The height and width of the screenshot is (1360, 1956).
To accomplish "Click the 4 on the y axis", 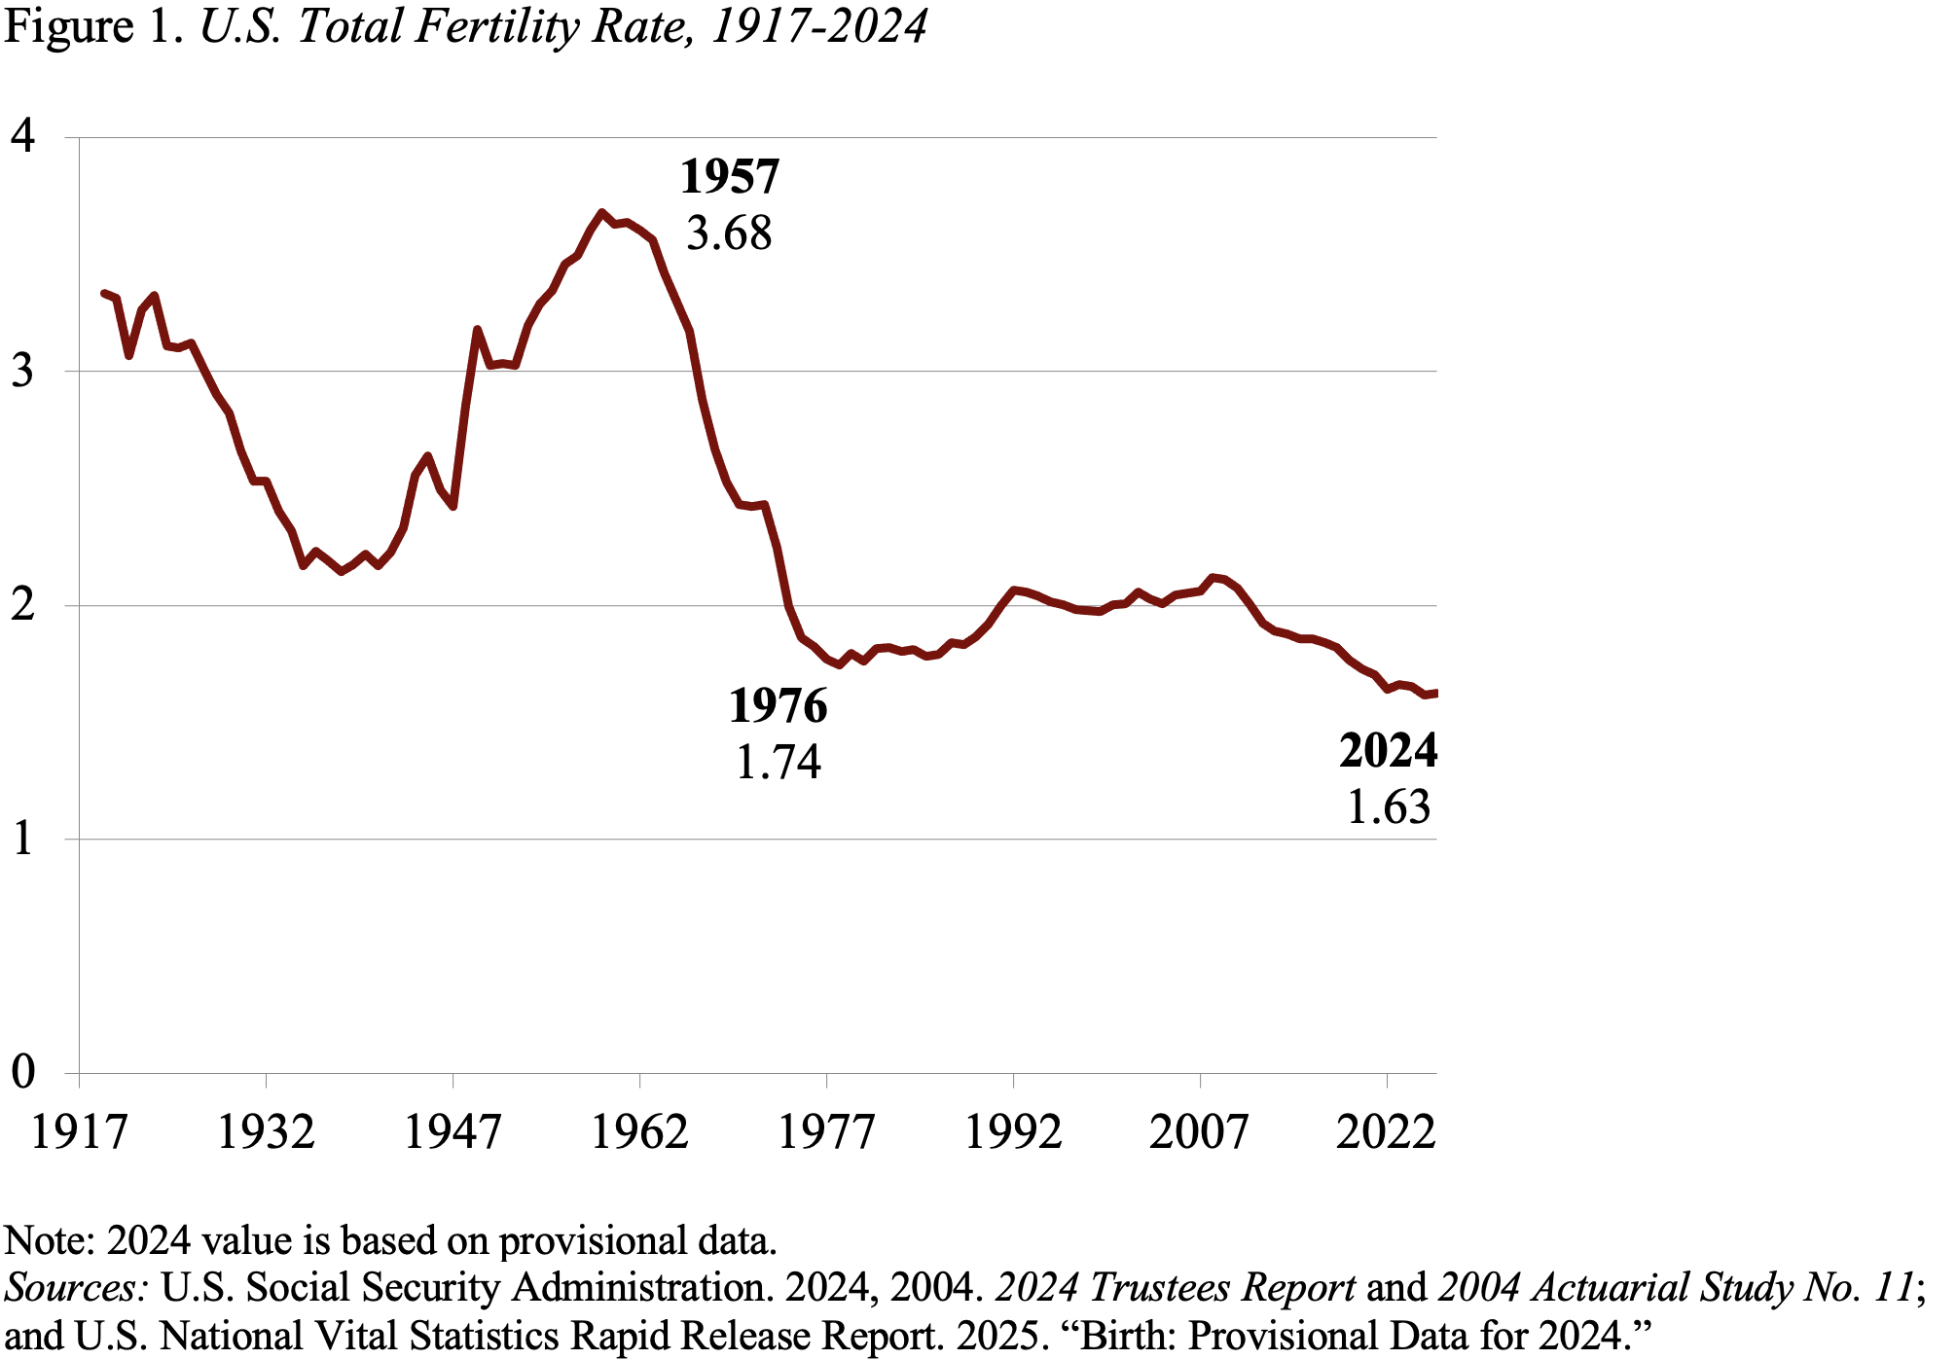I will point(23,136).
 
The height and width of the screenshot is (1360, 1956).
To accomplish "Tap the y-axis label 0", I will point(23,1072).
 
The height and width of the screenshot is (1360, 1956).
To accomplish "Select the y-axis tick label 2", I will point(23,605).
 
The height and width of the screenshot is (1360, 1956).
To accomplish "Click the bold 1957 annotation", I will point(730,177).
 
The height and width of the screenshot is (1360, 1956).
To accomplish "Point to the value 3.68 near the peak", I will point(729,233).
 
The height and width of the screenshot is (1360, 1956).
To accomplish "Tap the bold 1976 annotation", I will point(779,705).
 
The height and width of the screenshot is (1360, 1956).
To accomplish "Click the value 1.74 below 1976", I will point(779,762).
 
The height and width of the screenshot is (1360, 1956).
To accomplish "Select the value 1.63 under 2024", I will point(1389,807).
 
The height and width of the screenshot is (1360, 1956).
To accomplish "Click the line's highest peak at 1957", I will point(602,212).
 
